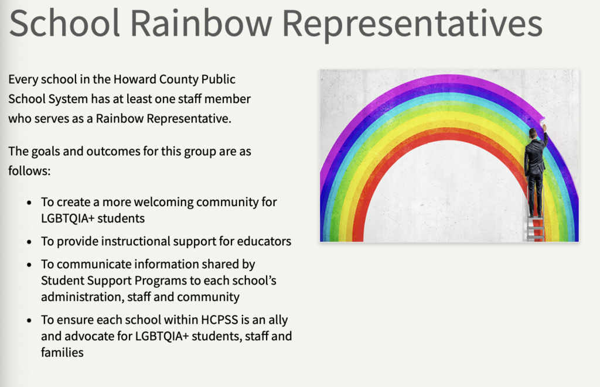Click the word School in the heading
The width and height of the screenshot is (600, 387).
(x=64, y=23)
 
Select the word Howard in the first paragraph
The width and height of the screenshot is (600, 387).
(x=135, y=79)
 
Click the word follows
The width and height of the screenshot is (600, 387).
(x=29, y=170)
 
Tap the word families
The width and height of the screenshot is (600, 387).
(x=62, y=352)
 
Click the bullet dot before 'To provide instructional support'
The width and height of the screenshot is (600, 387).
(x=29, y=242)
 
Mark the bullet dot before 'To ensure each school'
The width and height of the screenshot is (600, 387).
(x=29, y=320)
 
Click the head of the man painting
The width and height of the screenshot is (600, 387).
(x=533, y=133)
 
